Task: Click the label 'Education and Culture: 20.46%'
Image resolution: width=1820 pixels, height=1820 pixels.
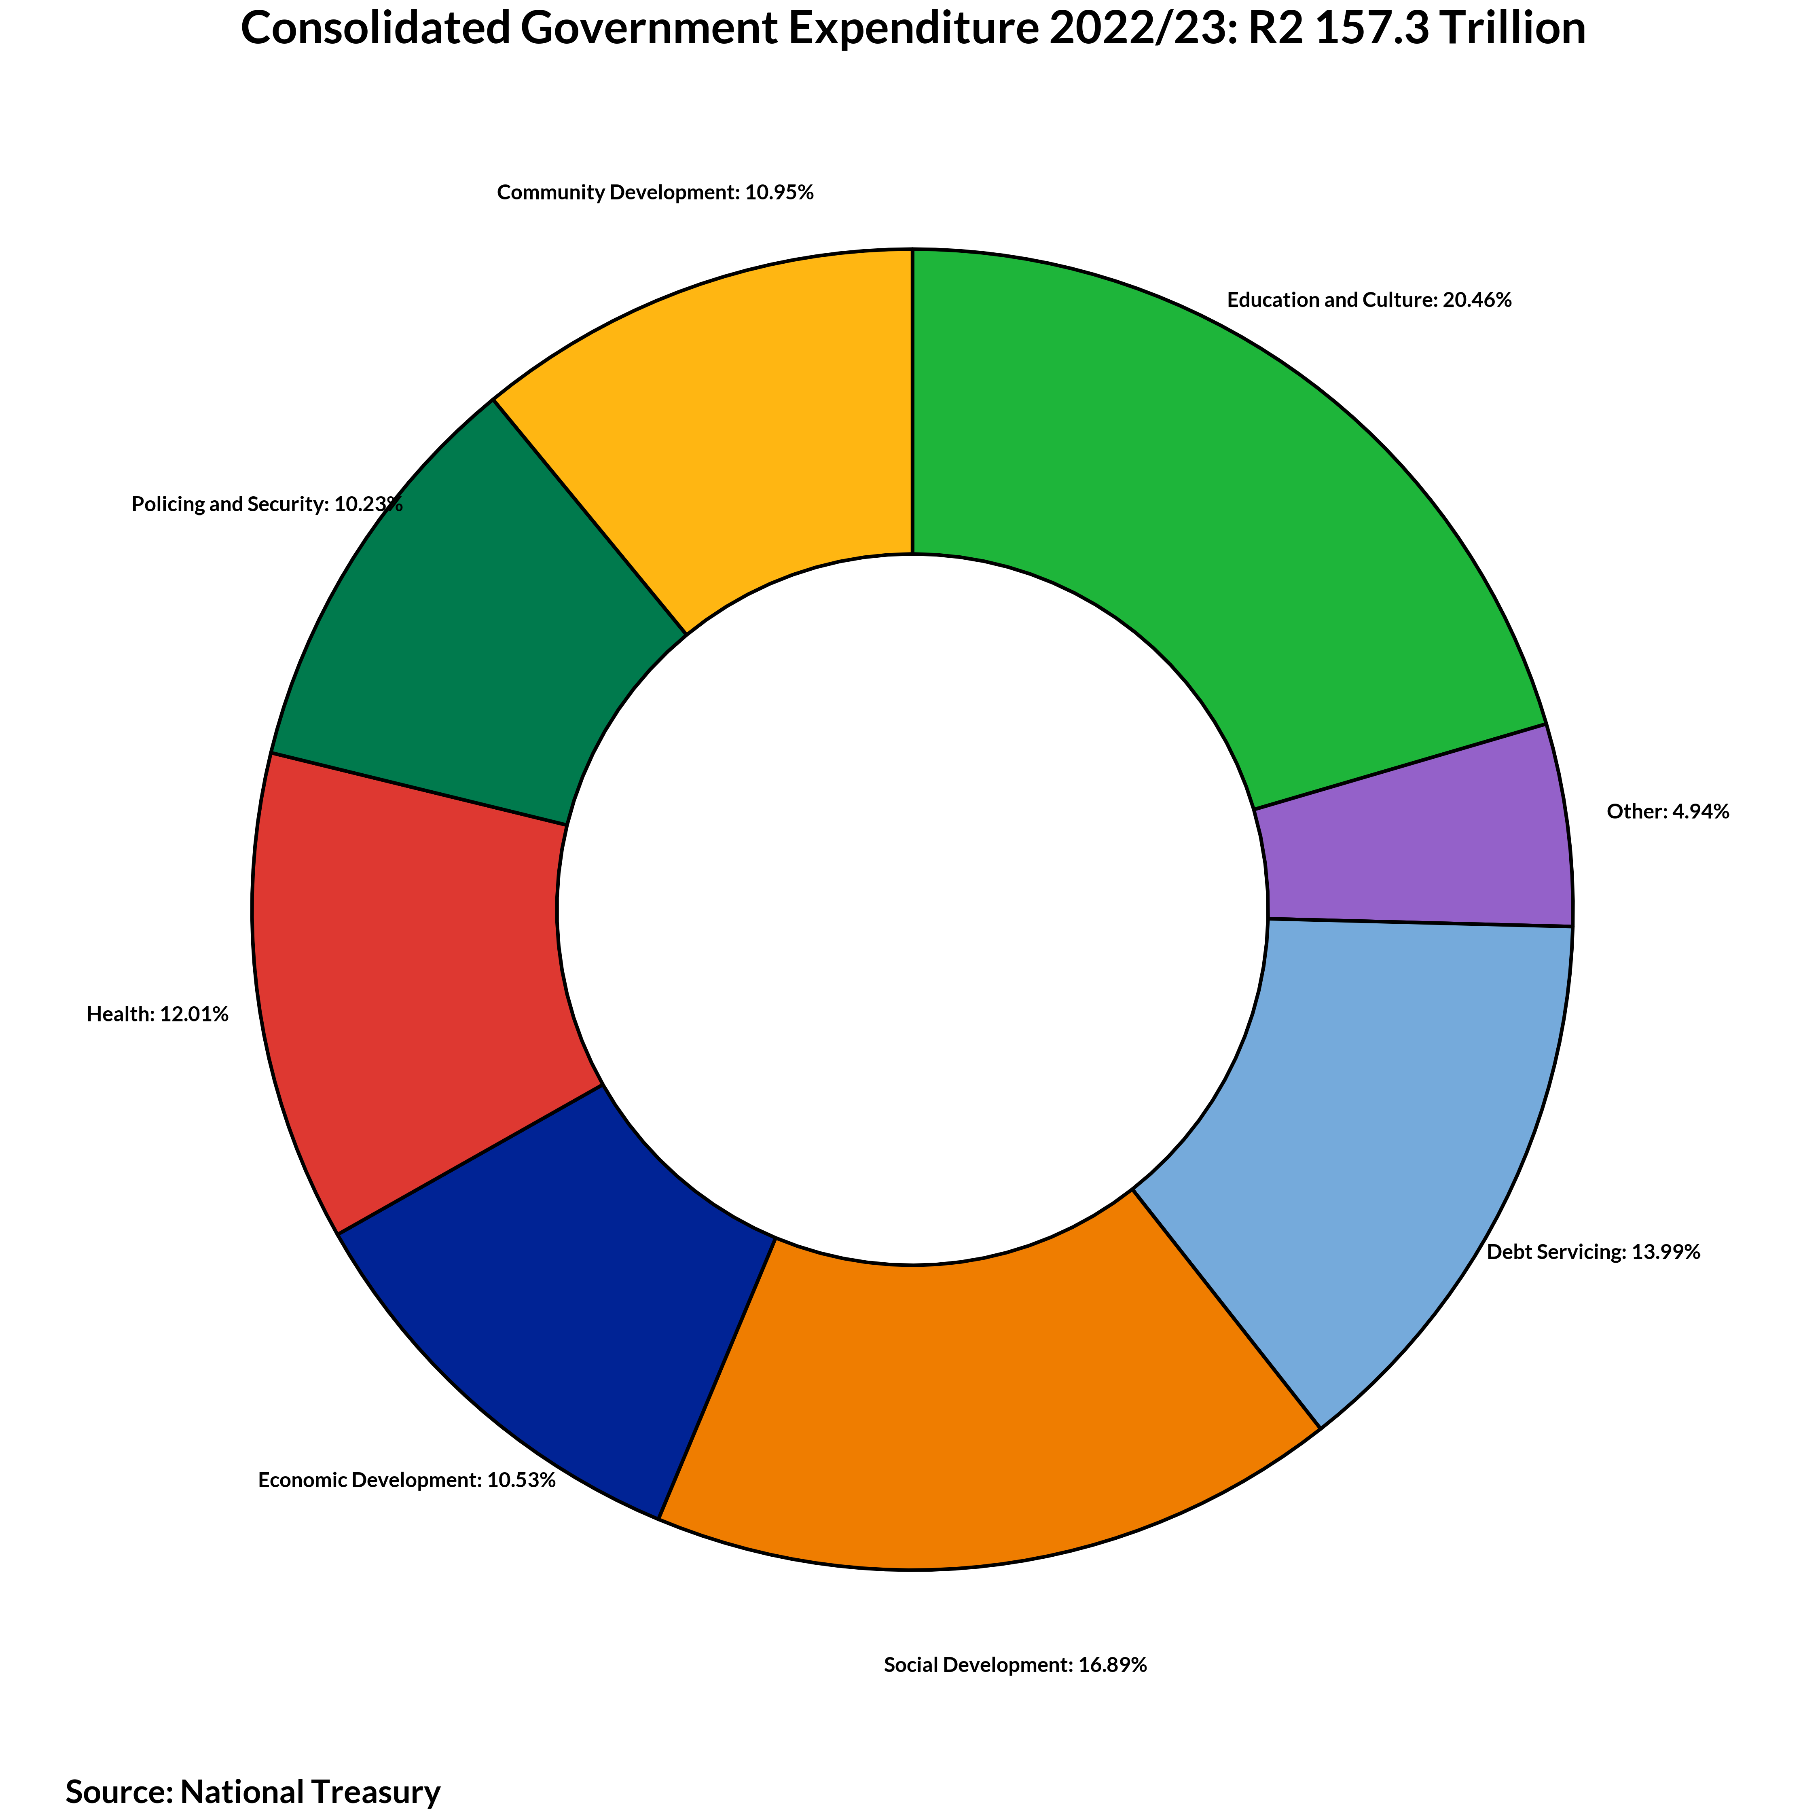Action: click(1369, 301)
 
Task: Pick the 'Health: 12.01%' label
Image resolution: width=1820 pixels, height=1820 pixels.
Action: click(157, 1015)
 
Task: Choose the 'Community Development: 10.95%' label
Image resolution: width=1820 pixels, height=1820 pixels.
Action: click(655, 193)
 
